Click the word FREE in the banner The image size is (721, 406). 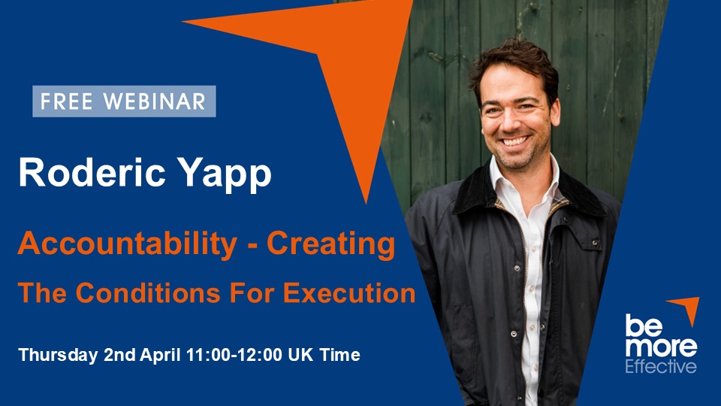click(x=67, y=101)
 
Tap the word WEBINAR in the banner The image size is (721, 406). click(x=155, y=101)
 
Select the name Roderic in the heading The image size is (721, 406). click(x=92, y=173)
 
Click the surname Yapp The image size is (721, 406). click(x=225, y=175)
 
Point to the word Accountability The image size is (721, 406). click(x=128, y=244)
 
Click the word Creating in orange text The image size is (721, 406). click(x=331, y=244)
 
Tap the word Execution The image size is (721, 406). click(x=349, y=292)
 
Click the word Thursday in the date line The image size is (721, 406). click(x=58, y=356)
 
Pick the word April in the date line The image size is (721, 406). click(x=160, y=356)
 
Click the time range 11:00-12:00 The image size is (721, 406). click(x=234, y=355)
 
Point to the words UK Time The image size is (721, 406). click(x=324, y=355)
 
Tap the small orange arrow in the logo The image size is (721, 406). click(x=687, y=308)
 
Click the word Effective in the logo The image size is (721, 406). click(x=661, y=367)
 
